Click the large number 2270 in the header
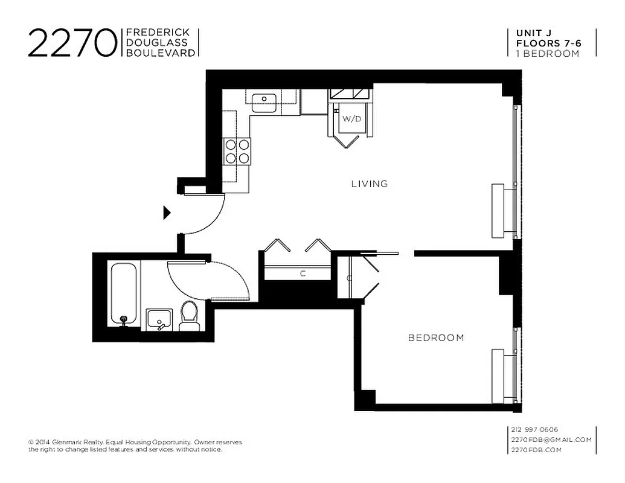pyautogui.click(x=72, y=43)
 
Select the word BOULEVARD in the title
pyautogui.click(x=160, y=53)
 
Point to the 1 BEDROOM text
pyautogui.click(x=547, y=53)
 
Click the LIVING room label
pyautogui.click(x=369, y=184)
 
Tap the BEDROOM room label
pyautogui.click(x=436, y=337)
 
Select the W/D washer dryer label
pyautogui.click(x=351, y=119)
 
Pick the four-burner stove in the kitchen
pyautogui.click(x=237, y=151)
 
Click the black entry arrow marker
pyautogui.click(x=167, y=213)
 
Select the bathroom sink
pyautogui.click(x=160, y=319)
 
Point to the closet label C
pyautogui.click(x=303, y=273)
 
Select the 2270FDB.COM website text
pyautogui.click(x=536, y=450)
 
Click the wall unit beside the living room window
pyautogui.click(x=498, y=211)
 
